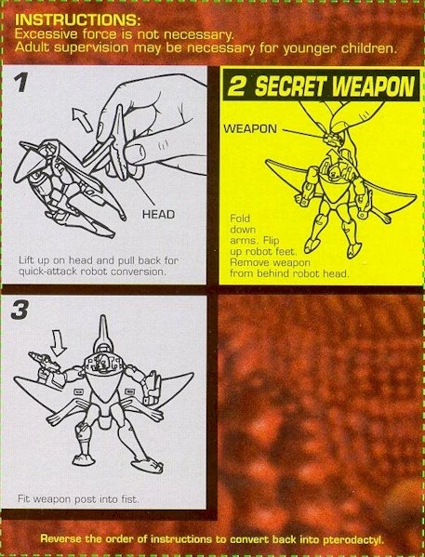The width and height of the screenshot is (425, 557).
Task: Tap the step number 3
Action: (20, 310)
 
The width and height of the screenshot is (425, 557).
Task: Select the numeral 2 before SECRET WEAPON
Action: (237, 86)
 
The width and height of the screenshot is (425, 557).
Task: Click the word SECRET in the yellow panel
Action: (290, 86)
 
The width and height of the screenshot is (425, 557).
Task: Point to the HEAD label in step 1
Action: (158, 215)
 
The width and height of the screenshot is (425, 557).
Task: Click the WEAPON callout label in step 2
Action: (250, 128)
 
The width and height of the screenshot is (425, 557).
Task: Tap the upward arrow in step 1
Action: (82, 120)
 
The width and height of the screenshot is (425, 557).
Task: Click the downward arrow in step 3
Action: (59, 342)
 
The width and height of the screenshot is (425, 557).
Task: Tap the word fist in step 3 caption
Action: (129, 499)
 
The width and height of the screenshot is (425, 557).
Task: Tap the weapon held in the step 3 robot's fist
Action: (44, 362)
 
